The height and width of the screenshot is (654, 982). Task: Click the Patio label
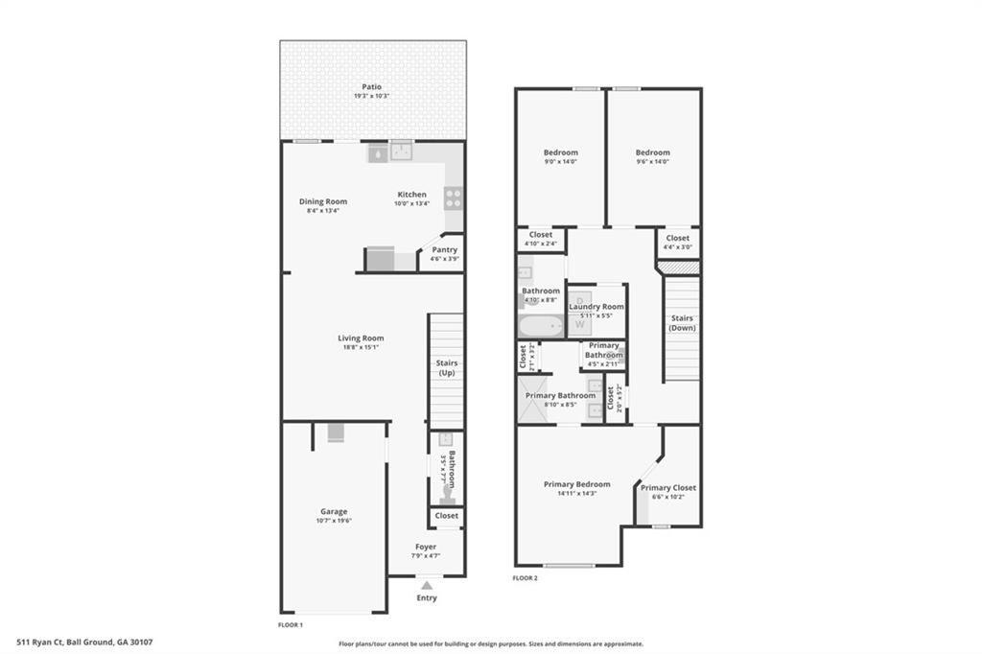pos(371,86)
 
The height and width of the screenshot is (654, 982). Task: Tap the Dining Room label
pos(322,201)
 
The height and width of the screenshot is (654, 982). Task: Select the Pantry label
pos(444,249)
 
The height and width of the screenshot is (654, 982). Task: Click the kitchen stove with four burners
pos(453,199)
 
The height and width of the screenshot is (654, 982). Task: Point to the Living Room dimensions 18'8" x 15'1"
pos(360,347)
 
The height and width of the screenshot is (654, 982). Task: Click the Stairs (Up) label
pos(447,367)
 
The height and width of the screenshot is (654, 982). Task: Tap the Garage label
pos(334,511)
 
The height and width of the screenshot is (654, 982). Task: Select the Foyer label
pos(426,547)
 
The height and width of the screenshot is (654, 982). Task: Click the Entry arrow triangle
pos(427,585)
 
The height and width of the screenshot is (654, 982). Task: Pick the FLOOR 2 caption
pos(525,578)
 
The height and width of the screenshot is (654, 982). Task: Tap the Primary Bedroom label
pos(577,484)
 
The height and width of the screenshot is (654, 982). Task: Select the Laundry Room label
pos(596,307)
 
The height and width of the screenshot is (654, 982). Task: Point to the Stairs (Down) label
pos(682,323)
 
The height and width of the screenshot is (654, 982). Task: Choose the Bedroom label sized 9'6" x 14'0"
pos(652,152)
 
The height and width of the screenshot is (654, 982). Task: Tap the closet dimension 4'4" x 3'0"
pos(677,246)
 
